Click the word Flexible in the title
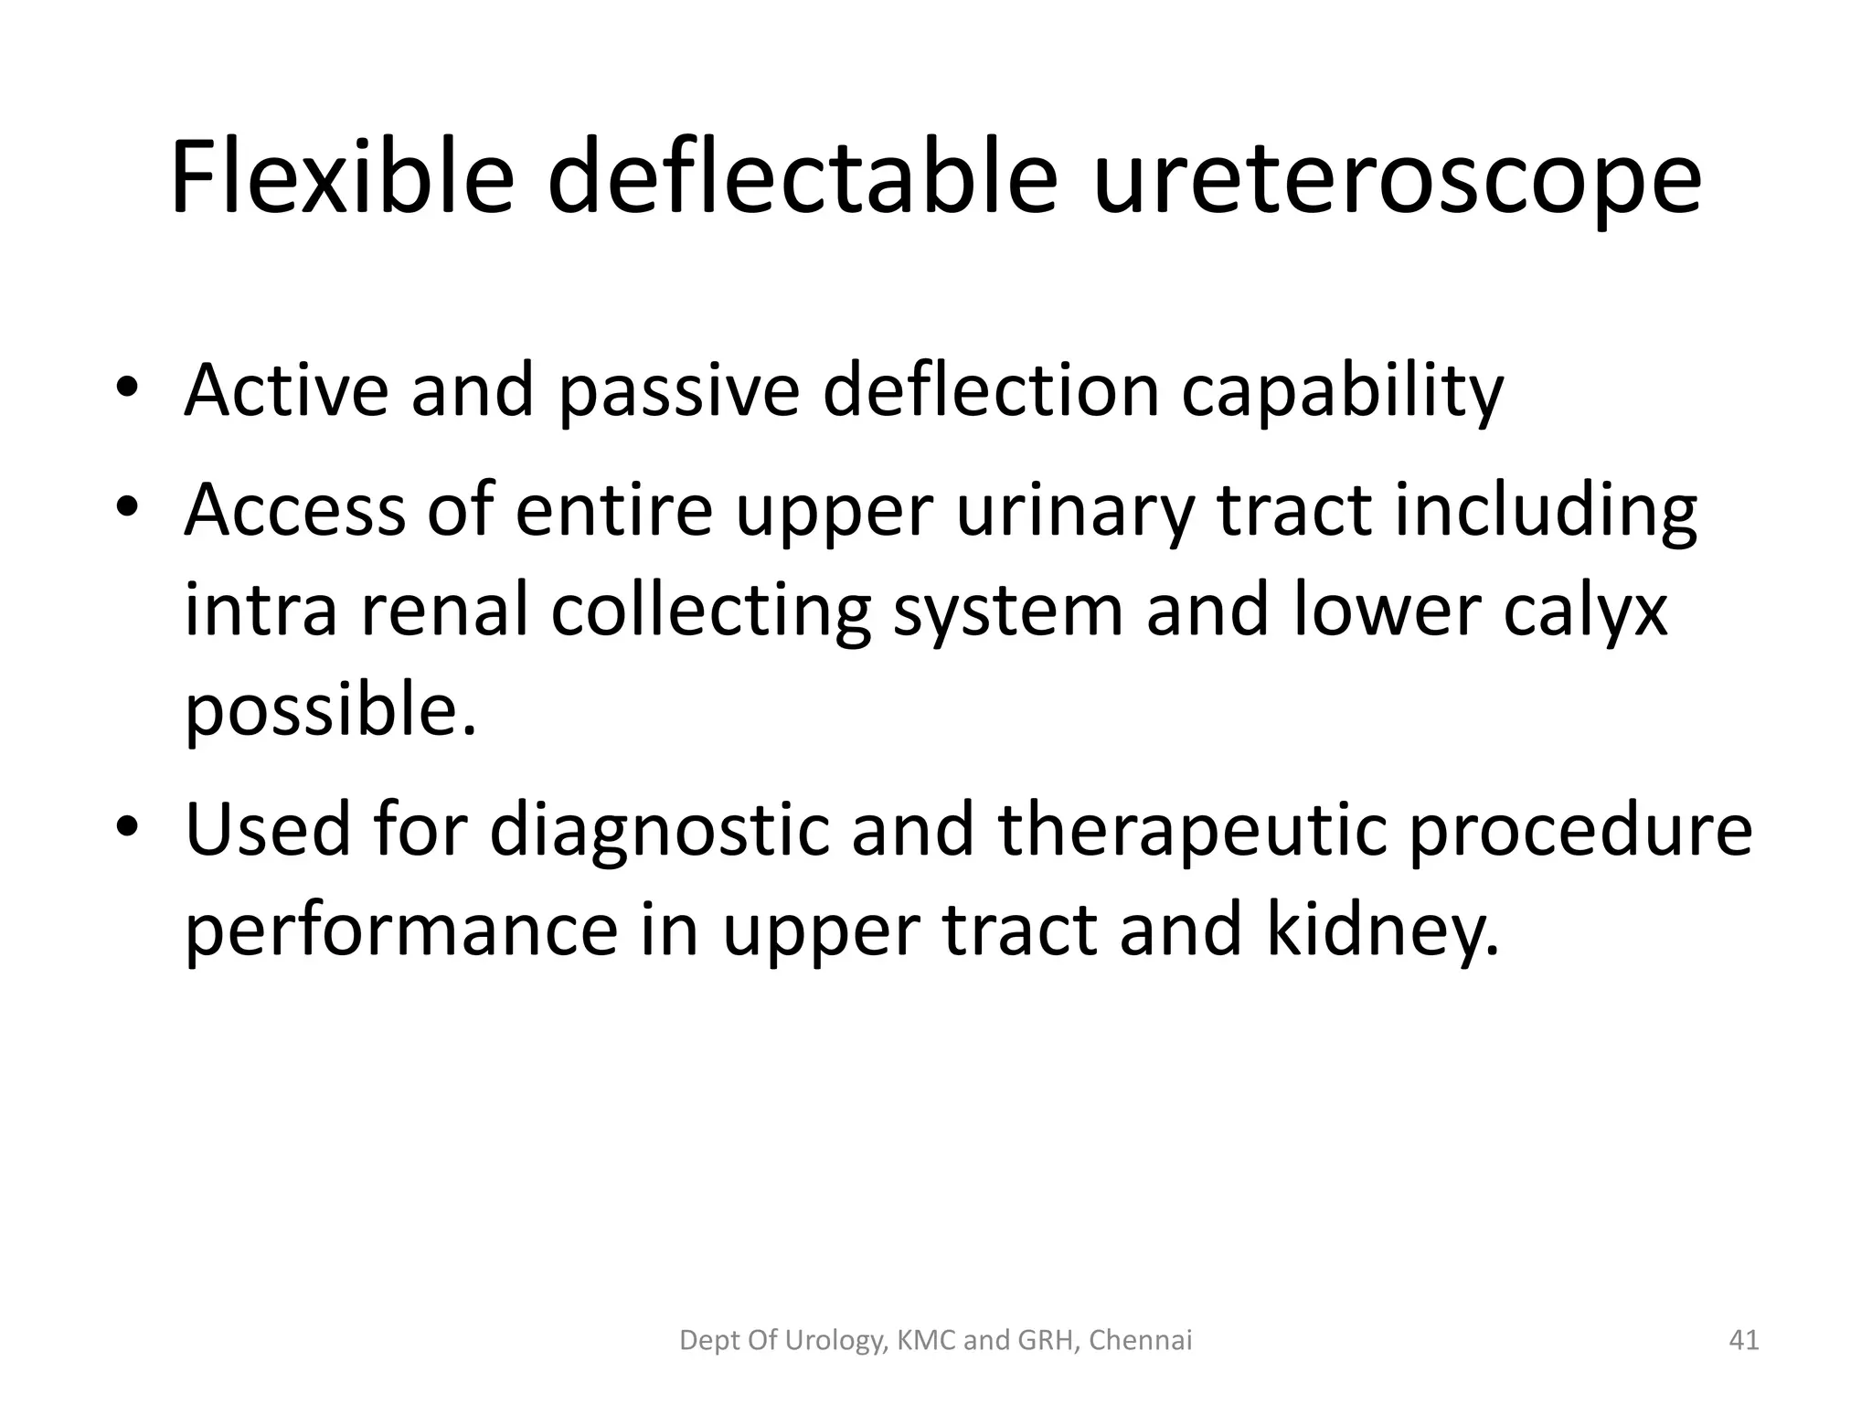click(342, 175)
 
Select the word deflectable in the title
click(803, 175)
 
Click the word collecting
click(710, 612)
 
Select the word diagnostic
click(660, 832)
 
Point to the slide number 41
click(1744, 1341)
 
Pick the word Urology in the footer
click(836, 1341)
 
